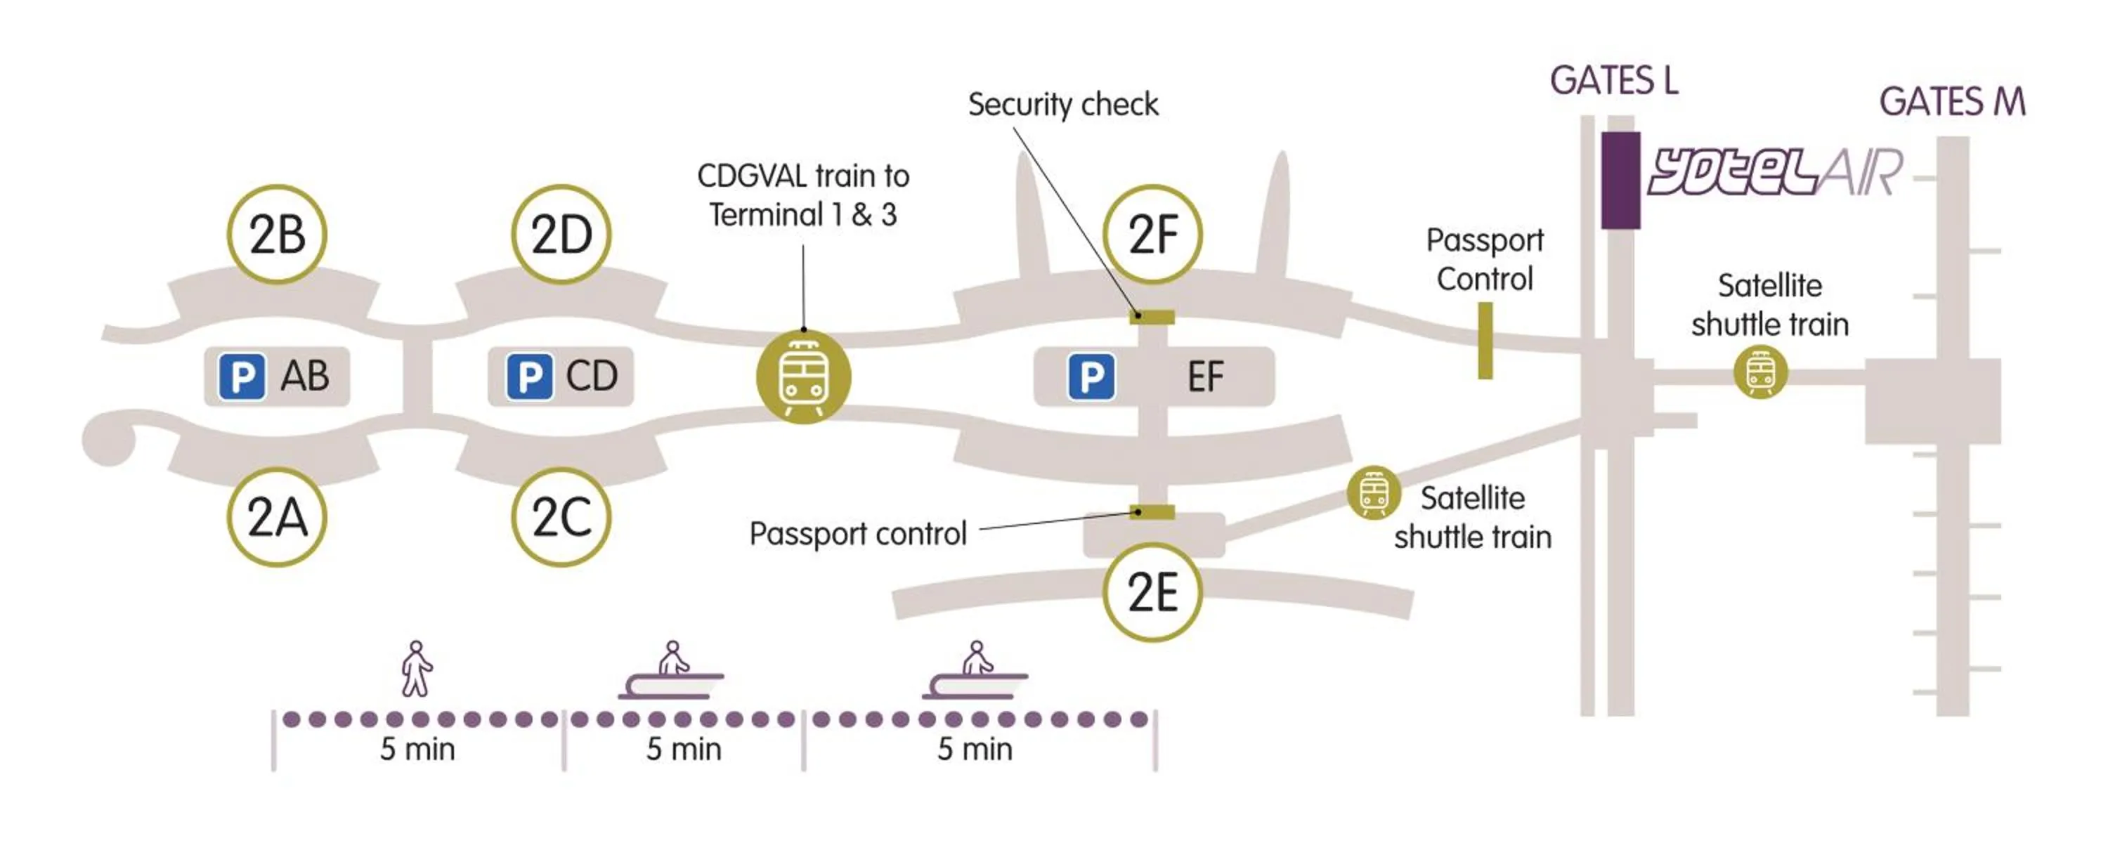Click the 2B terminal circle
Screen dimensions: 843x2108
[x=277, y=234]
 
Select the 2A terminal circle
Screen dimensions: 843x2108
[x=277, y=517]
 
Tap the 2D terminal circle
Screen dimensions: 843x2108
[x=561, y=234]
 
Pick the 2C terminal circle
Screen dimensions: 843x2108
[x=561, y=517]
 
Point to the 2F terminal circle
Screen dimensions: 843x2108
[x=1152, y=234]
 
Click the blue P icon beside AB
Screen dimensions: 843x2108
[x=242, y=377]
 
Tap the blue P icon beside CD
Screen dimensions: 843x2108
[x=528, y=377]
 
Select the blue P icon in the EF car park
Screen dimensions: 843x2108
[x=1091, y=377]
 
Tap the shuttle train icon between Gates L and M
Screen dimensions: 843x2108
[x=1760, y=372]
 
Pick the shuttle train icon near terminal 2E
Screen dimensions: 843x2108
[x=1373, y=492]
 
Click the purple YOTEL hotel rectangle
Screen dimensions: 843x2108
[x=1620, y=180]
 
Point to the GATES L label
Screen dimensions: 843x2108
[x=1614, y=81]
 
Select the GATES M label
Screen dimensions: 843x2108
[x=1952, y=103]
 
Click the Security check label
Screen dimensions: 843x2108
[x=1063, y=105]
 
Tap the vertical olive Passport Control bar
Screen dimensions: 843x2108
[x=1485, y=341]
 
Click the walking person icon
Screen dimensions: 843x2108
[x=417, y=669]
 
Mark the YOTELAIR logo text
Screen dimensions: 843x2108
[x=1774, y=173]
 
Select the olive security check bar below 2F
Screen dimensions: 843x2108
[x=1152, y=317]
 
